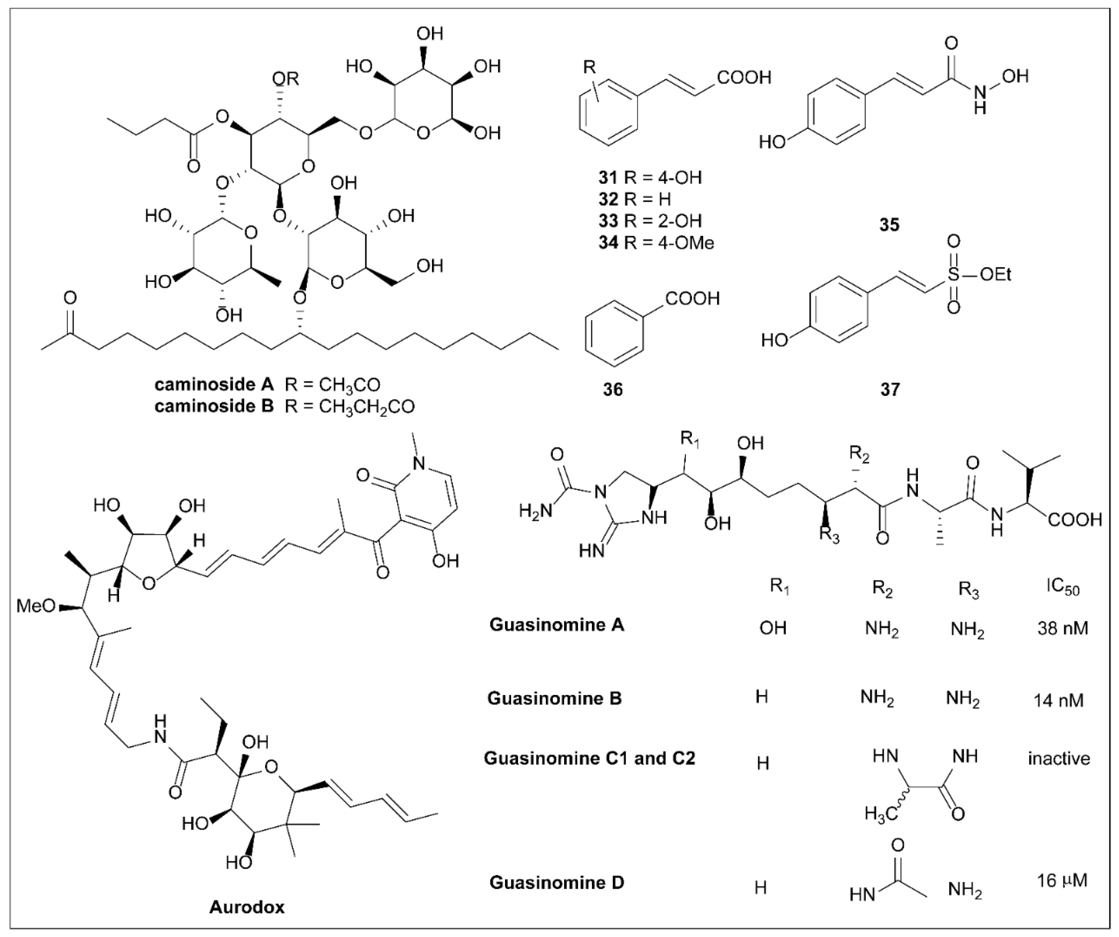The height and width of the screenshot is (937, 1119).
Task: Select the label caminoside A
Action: pos(214,384)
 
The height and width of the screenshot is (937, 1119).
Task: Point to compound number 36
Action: pos(612,390)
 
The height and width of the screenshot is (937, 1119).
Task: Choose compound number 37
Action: pos(889,390)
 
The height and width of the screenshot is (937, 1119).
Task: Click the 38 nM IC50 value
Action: pos(1062,629)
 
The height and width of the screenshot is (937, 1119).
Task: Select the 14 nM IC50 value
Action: pos(1058,700)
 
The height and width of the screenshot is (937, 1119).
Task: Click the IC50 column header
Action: pos(1062,588)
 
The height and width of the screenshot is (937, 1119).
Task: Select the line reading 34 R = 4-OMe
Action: pos(655,243)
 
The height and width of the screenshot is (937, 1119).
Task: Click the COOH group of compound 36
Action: pos(692,299)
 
